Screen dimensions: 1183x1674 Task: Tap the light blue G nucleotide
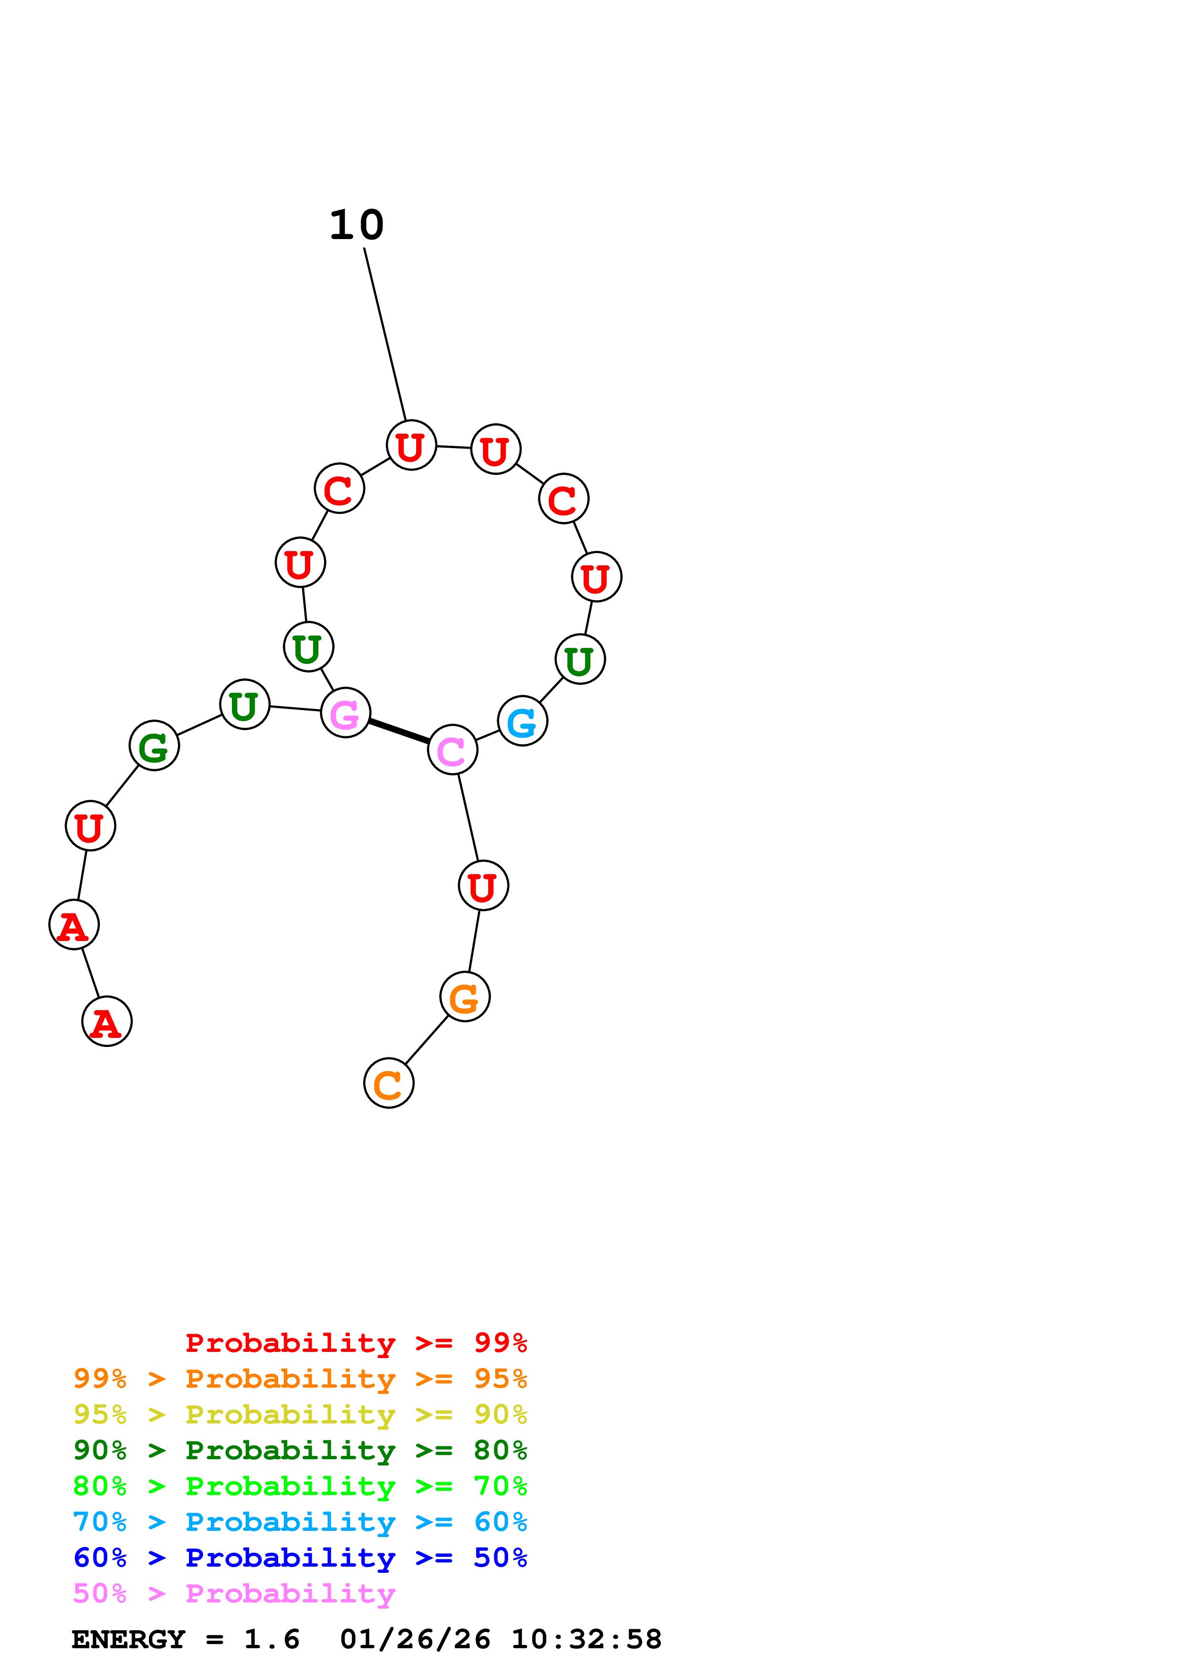[x=522, y=721]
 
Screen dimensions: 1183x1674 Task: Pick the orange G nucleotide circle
[x=464, y=997]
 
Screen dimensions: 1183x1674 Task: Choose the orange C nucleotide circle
[x=388, y=1083]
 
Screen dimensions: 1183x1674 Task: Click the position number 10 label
[x=356, y=225]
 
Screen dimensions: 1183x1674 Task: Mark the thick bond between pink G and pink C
[x=398, y=731]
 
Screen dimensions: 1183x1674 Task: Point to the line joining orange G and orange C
[x=427, y=1040]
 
